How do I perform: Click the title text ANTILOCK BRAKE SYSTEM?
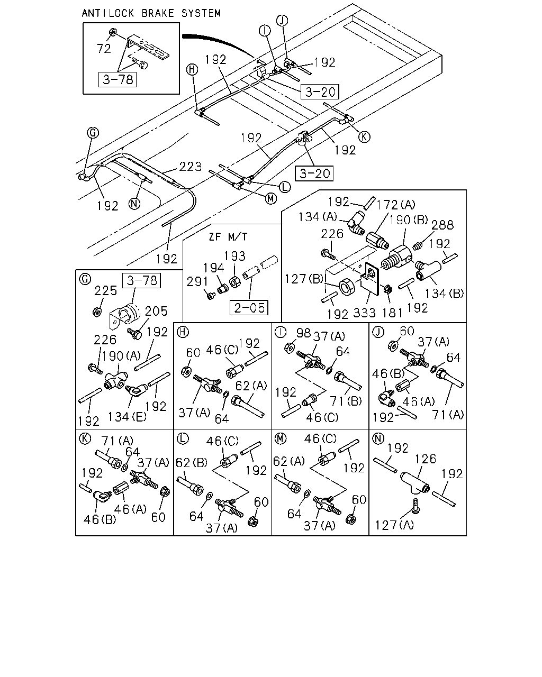click(x=151, y=13)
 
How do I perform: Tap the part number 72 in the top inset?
click(x=104, y=49)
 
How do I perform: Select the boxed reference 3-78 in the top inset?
click(x=118, y=79)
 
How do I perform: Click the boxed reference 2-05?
click(x=249, y=308)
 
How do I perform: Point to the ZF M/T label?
click(x=228, y=236)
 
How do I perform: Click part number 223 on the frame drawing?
click(x=190, y=167)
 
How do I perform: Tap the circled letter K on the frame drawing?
click(x=364, y=137)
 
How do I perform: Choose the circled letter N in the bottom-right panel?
click(x=378, y=438)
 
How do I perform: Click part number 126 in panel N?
click(x=425, y=459)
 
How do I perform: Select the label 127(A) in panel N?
click(x=394, y=525)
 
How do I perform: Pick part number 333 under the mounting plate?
click(x=364, y=313)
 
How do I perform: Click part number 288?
click(x=442, y=225)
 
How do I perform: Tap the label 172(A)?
click(x=396, y=205)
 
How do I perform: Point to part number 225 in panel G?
click(x=105, y=291)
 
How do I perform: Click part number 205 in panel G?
click(x=156, y=311)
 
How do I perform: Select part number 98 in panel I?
click(x=303, y=333)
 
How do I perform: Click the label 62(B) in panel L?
click(x=192, y=462)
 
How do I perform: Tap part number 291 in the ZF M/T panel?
click(x=197, y=281)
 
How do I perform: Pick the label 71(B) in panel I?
click(x=346, y=401)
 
